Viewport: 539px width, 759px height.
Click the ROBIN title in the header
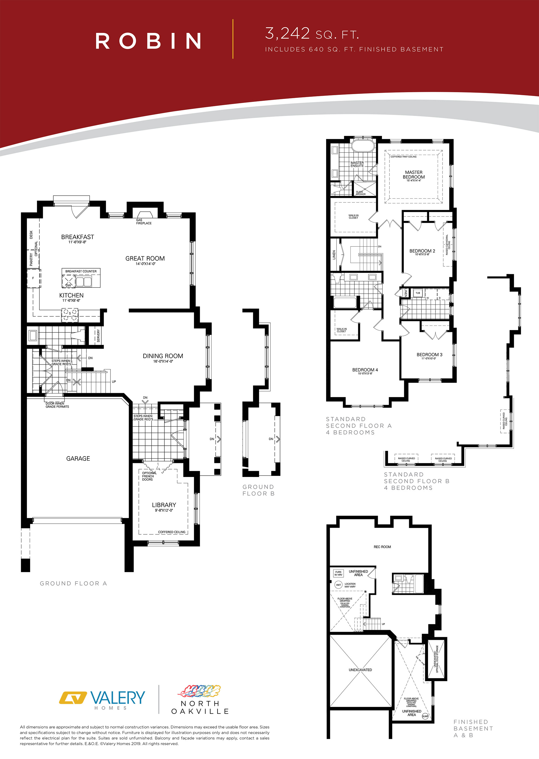point(148,40)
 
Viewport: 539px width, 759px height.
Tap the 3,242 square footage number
point(288,33)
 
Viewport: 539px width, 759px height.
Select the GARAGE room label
point(78,459)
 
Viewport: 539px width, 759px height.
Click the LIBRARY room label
point(164,505)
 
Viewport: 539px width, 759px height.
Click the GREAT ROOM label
point(145,258)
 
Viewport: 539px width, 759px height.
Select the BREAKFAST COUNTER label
point(81,271)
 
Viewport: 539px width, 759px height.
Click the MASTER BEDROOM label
point(413,175)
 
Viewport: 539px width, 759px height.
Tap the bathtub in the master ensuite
point(363,146)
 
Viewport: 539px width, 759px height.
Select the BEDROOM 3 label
point(429,355)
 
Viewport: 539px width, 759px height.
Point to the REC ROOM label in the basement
point(382,547)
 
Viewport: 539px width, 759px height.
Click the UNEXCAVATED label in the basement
point(360,670)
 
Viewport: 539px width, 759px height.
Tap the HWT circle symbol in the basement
point(338,585)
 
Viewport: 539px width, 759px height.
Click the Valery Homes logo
point(102,699)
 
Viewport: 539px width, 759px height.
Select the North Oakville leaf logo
point(199,691)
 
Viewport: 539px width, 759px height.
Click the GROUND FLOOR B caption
point(258,490)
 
